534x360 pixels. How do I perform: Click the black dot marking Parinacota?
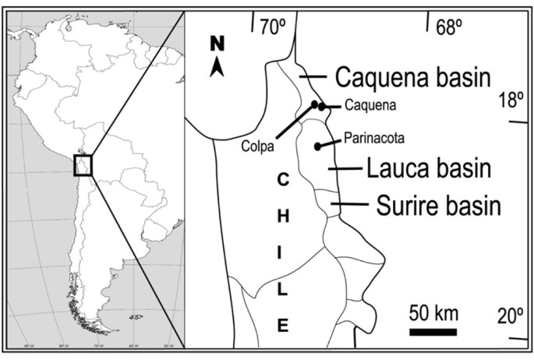[x=317, y=146]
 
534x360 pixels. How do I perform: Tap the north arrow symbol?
[x=218, y=68]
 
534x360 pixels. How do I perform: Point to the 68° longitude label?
[x=449, y=28]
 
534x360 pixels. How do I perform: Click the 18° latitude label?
[x=511, y=101]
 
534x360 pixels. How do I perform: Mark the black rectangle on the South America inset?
[x=83, y=165]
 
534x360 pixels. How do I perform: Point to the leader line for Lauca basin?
[x=342, y=168]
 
